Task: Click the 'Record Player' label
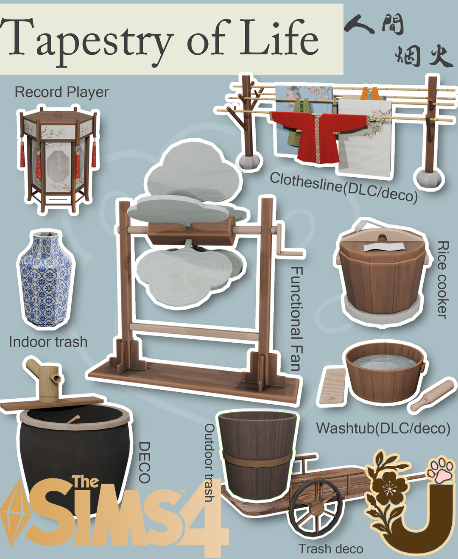tap(61, 92)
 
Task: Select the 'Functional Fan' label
tap(296, 319)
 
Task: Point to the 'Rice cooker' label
tap(442, 279)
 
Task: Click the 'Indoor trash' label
tap(48, 342)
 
